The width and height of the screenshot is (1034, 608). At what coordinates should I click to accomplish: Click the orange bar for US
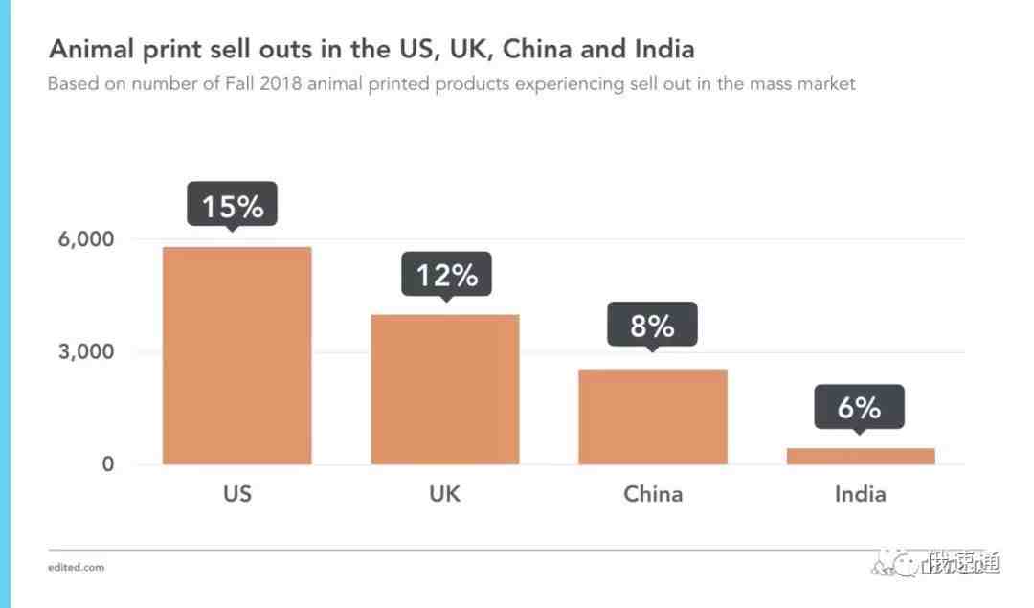point(237,355)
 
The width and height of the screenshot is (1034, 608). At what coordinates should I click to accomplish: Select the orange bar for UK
point(445,389)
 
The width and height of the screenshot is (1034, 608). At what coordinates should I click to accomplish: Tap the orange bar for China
point(653,417)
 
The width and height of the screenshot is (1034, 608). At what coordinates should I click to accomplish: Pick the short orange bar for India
point(861,456)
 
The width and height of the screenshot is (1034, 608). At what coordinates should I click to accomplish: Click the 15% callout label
point(232,206)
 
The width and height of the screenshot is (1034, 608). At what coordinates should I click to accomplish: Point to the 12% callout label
point(446,276)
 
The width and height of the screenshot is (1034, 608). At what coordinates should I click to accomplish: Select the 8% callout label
point(652,327)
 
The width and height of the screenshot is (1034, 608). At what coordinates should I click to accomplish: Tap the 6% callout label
point(859,408)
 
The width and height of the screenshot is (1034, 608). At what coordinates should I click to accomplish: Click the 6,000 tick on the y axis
point(85,239)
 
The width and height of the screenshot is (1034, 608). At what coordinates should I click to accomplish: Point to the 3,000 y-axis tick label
point(85,351)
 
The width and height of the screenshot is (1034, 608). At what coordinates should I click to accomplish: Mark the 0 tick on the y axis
point(107,464)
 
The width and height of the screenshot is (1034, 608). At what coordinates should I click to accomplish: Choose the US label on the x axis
point(237,494)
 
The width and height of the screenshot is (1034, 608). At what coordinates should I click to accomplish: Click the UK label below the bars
point(445,494)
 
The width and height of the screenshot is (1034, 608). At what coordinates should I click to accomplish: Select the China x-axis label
point(653,494)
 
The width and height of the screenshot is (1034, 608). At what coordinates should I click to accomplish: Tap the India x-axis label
point(860,494)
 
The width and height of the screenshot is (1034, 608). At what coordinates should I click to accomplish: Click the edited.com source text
point(76,567)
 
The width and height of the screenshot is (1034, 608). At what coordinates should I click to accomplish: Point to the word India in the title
point(661,48)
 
